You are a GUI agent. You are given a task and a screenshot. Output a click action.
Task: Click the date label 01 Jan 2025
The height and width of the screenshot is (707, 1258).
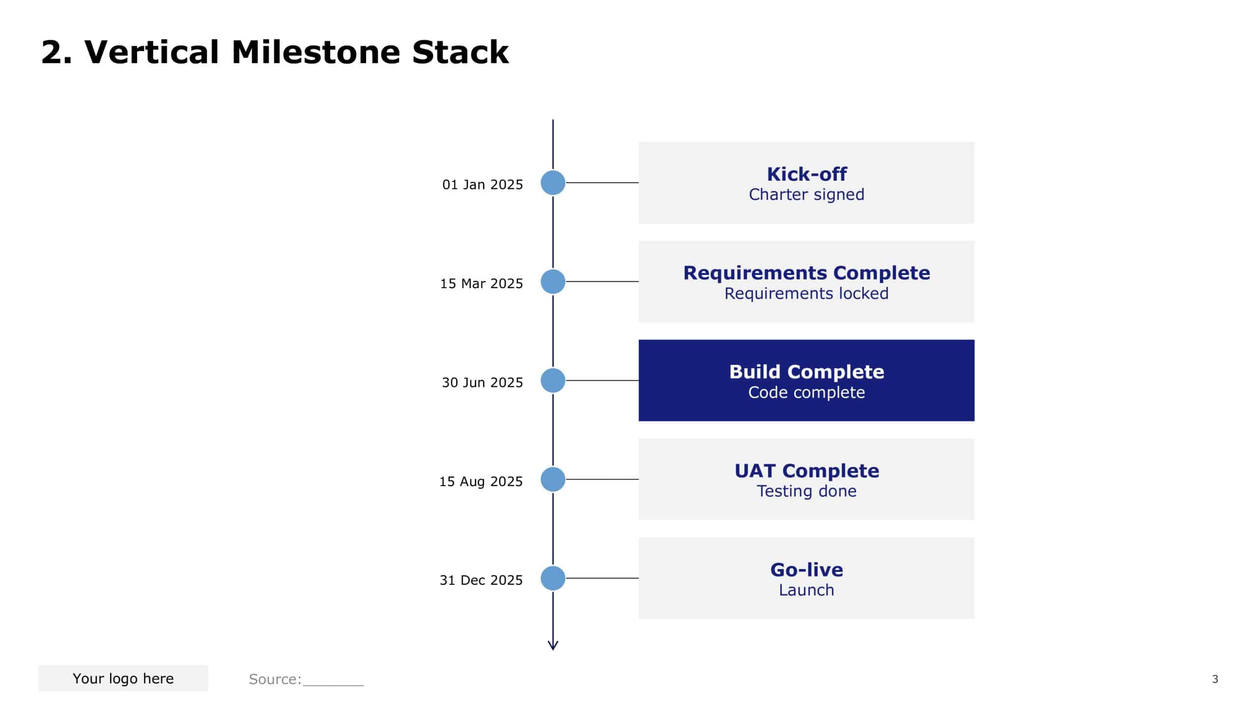[482, 185]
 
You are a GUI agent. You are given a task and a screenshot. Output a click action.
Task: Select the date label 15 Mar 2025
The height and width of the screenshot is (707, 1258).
[481, 284]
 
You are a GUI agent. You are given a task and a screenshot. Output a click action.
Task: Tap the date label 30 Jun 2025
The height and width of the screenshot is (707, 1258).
[482, 382]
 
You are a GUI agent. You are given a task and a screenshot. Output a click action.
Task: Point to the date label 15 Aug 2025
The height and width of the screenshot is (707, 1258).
[481, 482]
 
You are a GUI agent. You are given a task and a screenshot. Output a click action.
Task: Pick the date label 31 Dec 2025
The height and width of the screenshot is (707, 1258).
[481, 580]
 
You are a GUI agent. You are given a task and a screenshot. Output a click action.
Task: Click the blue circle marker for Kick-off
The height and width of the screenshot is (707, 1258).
[553, 183]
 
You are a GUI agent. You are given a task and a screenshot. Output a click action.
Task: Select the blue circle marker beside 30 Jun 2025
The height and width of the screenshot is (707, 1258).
[553, 381]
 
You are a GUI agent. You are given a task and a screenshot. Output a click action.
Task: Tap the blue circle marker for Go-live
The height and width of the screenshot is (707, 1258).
[553, 578]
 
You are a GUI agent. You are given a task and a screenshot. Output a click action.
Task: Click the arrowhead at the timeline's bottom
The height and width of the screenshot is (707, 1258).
[553, 646]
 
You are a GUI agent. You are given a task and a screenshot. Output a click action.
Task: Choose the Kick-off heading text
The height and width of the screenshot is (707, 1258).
[806, 174]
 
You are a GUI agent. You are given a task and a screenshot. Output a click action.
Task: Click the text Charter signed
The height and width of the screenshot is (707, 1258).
[806, 194]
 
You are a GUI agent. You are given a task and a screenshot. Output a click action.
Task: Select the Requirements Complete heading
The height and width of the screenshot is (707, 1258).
[806, 273]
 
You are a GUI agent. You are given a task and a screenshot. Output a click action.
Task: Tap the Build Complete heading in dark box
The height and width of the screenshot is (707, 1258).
[806, 372]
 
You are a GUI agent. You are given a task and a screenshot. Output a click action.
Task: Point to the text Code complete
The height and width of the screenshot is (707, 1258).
[806, 392]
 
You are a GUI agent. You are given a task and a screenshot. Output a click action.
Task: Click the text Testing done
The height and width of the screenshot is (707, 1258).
[806, 491]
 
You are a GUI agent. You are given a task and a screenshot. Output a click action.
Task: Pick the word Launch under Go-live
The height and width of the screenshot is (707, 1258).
[806, 590]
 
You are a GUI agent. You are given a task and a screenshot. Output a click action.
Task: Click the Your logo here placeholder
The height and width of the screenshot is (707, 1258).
[123, 679]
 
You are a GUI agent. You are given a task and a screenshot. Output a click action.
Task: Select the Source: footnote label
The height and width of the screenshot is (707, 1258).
[275, 679]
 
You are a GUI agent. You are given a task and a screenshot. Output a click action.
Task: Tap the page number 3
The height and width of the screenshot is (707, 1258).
[1215, 679]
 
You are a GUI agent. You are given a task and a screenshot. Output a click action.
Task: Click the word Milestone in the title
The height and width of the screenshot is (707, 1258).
[316, 52]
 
